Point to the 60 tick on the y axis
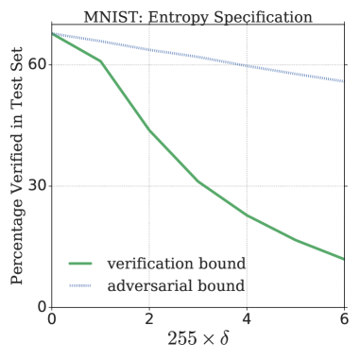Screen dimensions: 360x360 36,65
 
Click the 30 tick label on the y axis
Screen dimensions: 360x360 36,185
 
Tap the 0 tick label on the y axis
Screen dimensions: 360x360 41,305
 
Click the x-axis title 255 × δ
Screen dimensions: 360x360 197,339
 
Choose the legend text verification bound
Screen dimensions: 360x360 177,262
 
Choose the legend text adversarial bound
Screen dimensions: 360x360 177,284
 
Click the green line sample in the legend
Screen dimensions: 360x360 80,263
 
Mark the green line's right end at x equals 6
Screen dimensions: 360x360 343,258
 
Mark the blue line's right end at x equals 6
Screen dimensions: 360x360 343,81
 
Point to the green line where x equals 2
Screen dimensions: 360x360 149,129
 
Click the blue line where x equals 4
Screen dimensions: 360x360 247,66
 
